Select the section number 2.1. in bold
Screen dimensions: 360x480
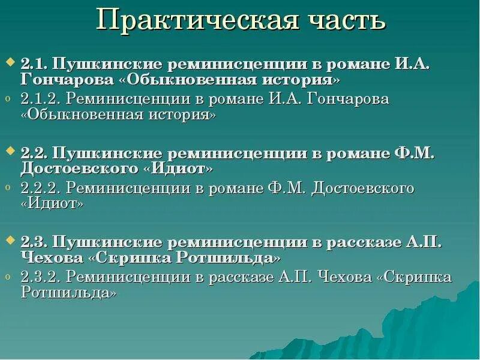click(x=35, y=65)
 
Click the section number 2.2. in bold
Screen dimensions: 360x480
click(x=35, y=154)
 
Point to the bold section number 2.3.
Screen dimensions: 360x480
click(x=35, y=242)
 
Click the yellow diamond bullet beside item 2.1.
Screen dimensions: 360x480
click(x=10, y=62)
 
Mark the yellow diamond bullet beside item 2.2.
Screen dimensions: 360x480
click(x=10, y=151)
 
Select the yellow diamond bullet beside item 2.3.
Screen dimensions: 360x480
click(x=10, y=239)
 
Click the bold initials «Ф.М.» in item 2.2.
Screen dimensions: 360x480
click(x=414, y=154)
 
